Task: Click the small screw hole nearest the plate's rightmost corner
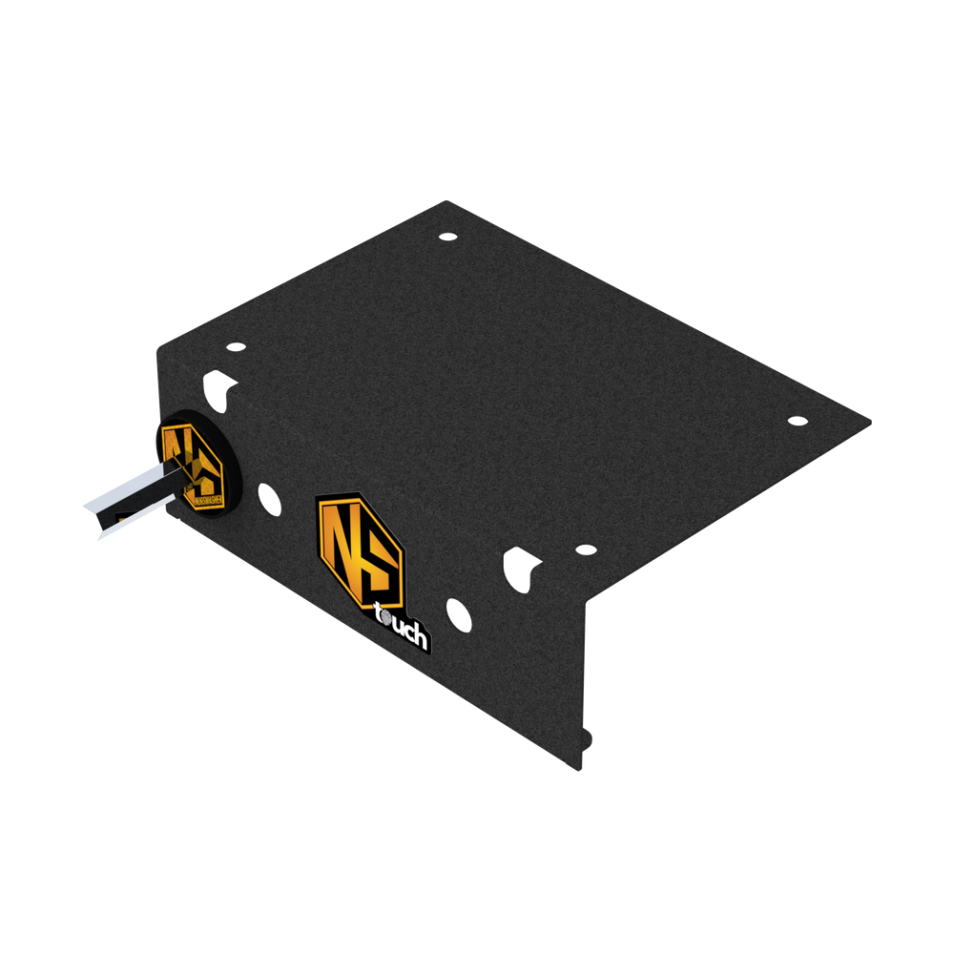[x=798, y=420]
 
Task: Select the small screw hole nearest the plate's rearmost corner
[x=447, y=236]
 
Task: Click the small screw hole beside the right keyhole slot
[x=585, y=550]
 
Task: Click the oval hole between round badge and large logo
[x=270, y=497]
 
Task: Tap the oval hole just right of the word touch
[x=459, y=614]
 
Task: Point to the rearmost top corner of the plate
[x=446, y=199]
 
